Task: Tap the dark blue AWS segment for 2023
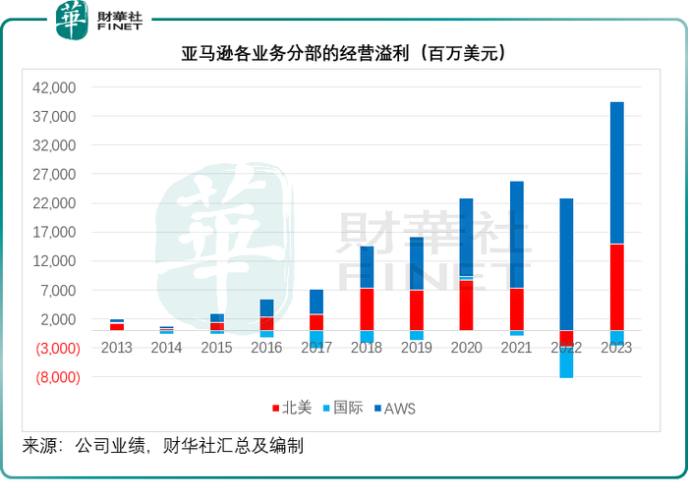pos(616,173)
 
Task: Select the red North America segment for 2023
pos(616,287)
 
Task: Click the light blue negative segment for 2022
pos(566,363)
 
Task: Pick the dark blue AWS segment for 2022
pos(566,264)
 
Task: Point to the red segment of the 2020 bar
pos(466,305)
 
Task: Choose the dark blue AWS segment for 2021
pos(516,235)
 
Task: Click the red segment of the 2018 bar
pos(366,308)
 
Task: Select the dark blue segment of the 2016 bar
pos(266,307)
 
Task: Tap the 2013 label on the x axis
pos(116,348)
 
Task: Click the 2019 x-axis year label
pos(416,348)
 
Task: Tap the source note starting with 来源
pos(163,446)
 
